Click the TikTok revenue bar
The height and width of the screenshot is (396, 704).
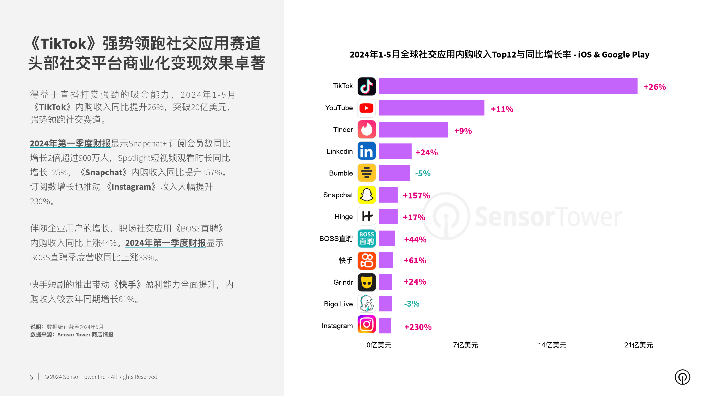(x=508, y=86)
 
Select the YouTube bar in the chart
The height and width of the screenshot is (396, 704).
(x=431, y=108)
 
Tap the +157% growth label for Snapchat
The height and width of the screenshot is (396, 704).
(x=416, y=195)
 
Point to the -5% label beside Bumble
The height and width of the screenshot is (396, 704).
(x=423, y=173)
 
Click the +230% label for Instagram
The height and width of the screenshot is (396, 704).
(x=418, y=327)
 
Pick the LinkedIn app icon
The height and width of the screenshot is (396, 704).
(x=366, y=151)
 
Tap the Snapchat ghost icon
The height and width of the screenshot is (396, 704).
(x=366, y=195)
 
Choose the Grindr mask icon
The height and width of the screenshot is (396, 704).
(x=366, y=282)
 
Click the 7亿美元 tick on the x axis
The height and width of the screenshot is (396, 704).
(x=465, y=345)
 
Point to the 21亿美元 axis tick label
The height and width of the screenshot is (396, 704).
(x=638, y=345)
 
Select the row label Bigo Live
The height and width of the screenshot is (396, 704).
(x=338, y=304)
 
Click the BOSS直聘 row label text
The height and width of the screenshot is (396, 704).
(x=336, y=239)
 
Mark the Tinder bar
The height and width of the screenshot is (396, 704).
(x=413, y=129)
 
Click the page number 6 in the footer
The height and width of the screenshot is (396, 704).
(x=31, y=377)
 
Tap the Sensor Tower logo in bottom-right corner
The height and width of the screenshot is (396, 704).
(x=682, y=377)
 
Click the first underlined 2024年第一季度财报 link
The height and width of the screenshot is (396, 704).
(x=70, y=143)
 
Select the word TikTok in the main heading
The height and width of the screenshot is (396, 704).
(x=64, y=44)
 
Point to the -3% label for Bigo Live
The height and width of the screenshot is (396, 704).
(x=412, y=304)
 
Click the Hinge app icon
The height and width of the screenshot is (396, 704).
(x=366, y=216)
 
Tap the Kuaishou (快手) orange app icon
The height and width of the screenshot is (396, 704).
(x=366, y=260)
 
